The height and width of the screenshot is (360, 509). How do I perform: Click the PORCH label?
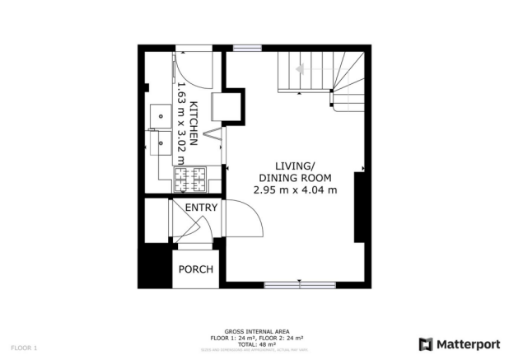197,269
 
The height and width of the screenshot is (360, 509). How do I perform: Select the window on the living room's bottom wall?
295,285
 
